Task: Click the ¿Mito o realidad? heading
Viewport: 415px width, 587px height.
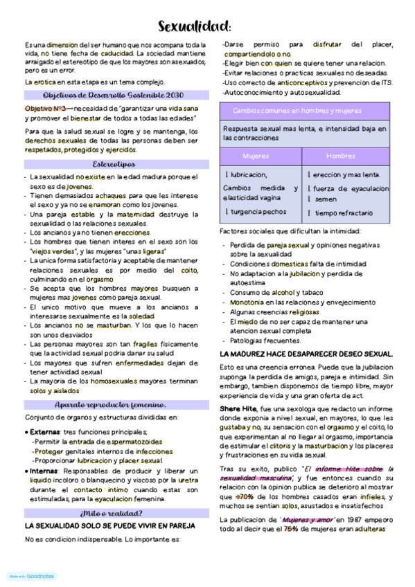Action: point(112,513)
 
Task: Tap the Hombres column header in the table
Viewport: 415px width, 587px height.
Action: point(340,156)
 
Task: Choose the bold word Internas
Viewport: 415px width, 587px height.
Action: point(44,471)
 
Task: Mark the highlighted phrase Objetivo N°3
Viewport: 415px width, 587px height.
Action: point(45,109)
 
